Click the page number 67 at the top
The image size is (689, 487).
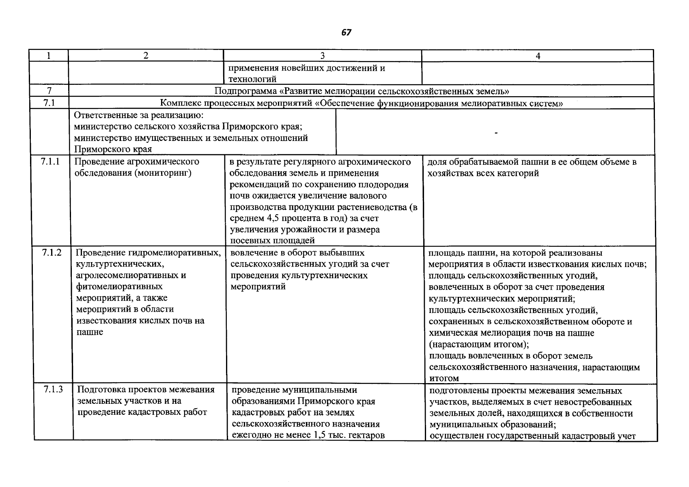(346, 32)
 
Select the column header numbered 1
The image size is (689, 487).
(48, 56)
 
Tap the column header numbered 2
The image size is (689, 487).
(146, 56)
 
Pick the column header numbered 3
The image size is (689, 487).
(323, 56)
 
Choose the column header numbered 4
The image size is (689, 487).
(538, 56)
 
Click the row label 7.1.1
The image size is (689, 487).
(50, 162)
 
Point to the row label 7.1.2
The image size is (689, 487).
(52, 253)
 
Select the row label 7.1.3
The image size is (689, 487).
(54, 390)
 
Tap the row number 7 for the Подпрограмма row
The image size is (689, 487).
(49, 91)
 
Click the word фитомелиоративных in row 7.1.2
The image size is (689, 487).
(119, 287)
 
